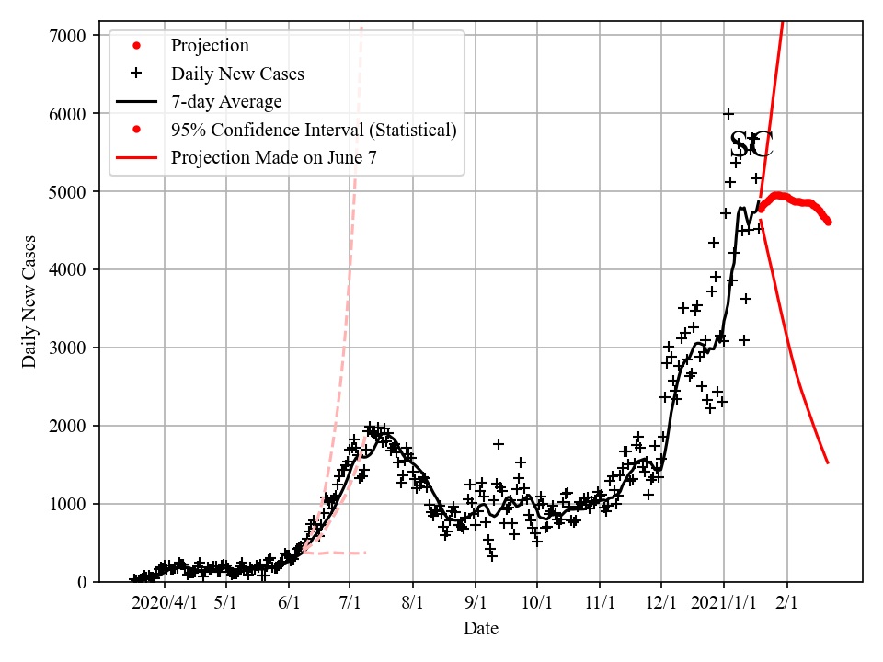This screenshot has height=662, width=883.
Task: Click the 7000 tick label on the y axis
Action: click(x=69, y=36)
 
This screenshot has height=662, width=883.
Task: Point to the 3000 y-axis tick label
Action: click(x=69, y=348)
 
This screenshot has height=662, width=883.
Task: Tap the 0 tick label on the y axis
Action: click(x=81, y=582)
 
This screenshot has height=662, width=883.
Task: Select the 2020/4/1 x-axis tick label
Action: click(x=164, y=602)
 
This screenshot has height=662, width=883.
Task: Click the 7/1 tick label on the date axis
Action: click(x=350, y=602)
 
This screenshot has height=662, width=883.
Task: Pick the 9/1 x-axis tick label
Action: click(x=476, y=602)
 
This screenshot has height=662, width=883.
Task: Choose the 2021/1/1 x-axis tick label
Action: click(x=723, y=602)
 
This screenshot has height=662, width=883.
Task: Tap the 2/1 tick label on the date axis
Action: click(x=787, y=602)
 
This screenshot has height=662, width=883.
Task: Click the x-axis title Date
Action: click(x=481, y=629)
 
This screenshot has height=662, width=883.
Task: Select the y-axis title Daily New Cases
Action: click(x=30, y=301)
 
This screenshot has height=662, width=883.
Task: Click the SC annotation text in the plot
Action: click(x=751, y=144)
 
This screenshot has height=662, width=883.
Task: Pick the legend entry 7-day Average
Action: click(x=226, y=101)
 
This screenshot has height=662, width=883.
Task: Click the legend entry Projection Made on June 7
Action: click(x=273, y=158)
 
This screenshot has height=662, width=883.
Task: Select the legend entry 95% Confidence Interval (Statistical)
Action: click(x=314, y=130)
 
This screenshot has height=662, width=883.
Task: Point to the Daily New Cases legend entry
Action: click(x=237, y=73)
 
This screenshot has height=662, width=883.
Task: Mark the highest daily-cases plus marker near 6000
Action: click(x=728, y=114)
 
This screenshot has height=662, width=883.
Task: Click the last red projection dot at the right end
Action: click(x=828, y=222)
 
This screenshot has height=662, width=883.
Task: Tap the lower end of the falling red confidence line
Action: click(x=828, y=462)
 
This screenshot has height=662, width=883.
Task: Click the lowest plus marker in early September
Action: click(x=492, y=555)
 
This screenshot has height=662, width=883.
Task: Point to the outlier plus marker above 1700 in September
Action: click(x=499, y=444)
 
